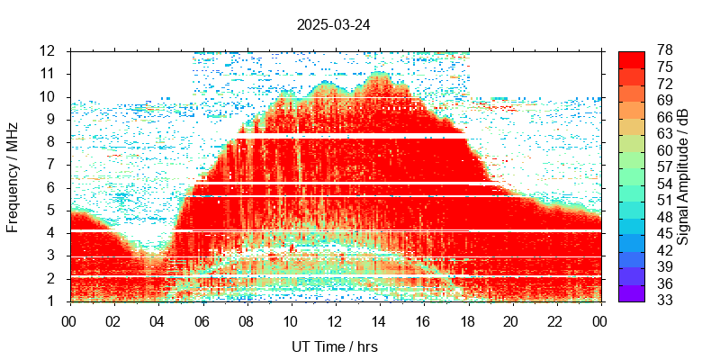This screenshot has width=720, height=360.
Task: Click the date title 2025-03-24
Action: coord(333,25)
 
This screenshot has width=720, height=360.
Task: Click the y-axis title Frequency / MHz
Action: coord(13,175)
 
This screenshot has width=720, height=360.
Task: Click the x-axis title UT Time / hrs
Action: coord(333,346)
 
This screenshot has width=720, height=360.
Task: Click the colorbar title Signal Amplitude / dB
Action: coord(683,175)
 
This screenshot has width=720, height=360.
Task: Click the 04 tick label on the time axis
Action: coord(157,320)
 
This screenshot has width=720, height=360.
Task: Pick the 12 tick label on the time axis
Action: coord(334,320)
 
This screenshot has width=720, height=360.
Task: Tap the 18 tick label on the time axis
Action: coord(466,320)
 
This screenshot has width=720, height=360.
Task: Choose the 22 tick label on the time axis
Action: coord(554,320)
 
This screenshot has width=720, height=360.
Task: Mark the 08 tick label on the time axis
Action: coord(246,320)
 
